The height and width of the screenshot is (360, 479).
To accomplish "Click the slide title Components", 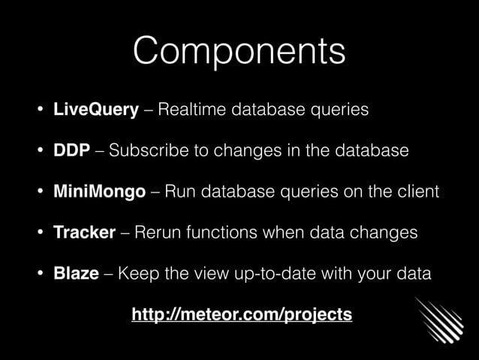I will coord(239,51).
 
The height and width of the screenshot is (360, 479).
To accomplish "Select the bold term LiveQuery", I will coord(95,110).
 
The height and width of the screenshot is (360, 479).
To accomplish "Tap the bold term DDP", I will coord(72,151).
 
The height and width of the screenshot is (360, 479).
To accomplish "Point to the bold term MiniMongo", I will coord(99,192).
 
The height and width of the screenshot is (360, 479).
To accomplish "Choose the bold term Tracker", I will coord(84,232).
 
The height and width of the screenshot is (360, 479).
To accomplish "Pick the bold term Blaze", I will coord(76,273).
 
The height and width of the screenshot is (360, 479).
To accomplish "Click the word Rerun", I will coord(159,232).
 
